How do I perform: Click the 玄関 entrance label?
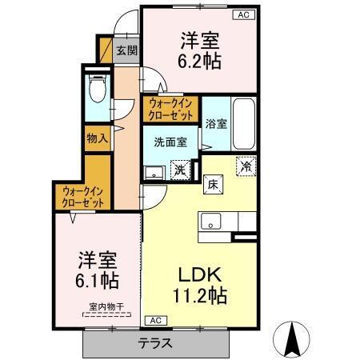(x=126, y=50)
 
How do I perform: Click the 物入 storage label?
(x=98, y=138)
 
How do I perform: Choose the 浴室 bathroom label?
(x=216, y=124)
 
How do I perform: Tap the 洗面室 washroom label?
(x=170, y=142)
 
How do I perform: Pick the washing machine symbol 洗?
(x=181, y=169)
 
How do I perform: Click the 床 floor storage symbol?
(x=214, y=184)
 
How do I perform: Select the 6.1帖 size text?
(x=98, y=282)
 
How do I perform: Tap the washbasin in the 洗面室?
(x=152, y=170)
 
